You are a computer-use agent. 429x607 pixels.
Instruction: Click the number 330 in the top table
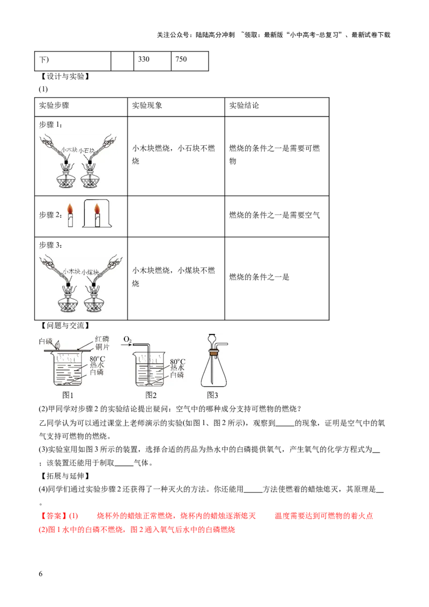[144, 59]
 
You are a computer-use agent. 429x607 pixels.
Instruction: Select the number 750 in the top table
[181, 59]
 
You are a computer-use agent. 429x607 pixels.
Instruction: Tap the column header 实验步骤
[54, 106]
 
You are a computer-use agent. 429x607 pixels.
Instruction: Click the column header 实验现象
[147, 106]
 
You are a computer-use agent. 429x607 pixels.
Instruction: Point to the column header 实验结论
[244, 106]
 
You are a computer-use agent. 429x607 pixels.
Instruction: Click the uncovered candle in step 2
[70, 215]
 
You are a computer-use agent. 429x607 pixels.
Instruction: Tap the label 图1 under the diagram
[68, 395]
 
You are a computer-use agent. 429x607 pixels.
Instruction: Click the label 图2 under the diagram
[151, 395]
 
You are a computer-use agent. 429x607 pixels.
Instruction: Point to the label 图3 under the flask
[212, 395]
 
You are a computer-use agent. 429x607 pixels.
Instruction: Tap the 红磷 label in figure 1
[102, 339]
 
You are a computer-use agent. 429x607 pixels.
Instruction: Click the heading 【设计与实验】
[65, 77]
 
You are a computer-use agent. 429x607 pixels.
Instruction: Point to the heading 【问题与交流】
[65, 325]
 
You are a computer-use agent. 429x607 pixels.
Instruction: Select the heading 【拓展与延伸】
[65, 476]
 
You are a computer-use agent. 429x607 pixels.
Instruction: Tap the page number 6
[41, 574]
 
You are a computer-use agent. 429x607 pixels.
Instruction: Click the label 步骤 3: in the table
[51, 245]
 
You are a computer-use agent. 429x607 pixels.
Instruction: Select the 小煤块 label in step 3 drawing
[90, 272]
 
